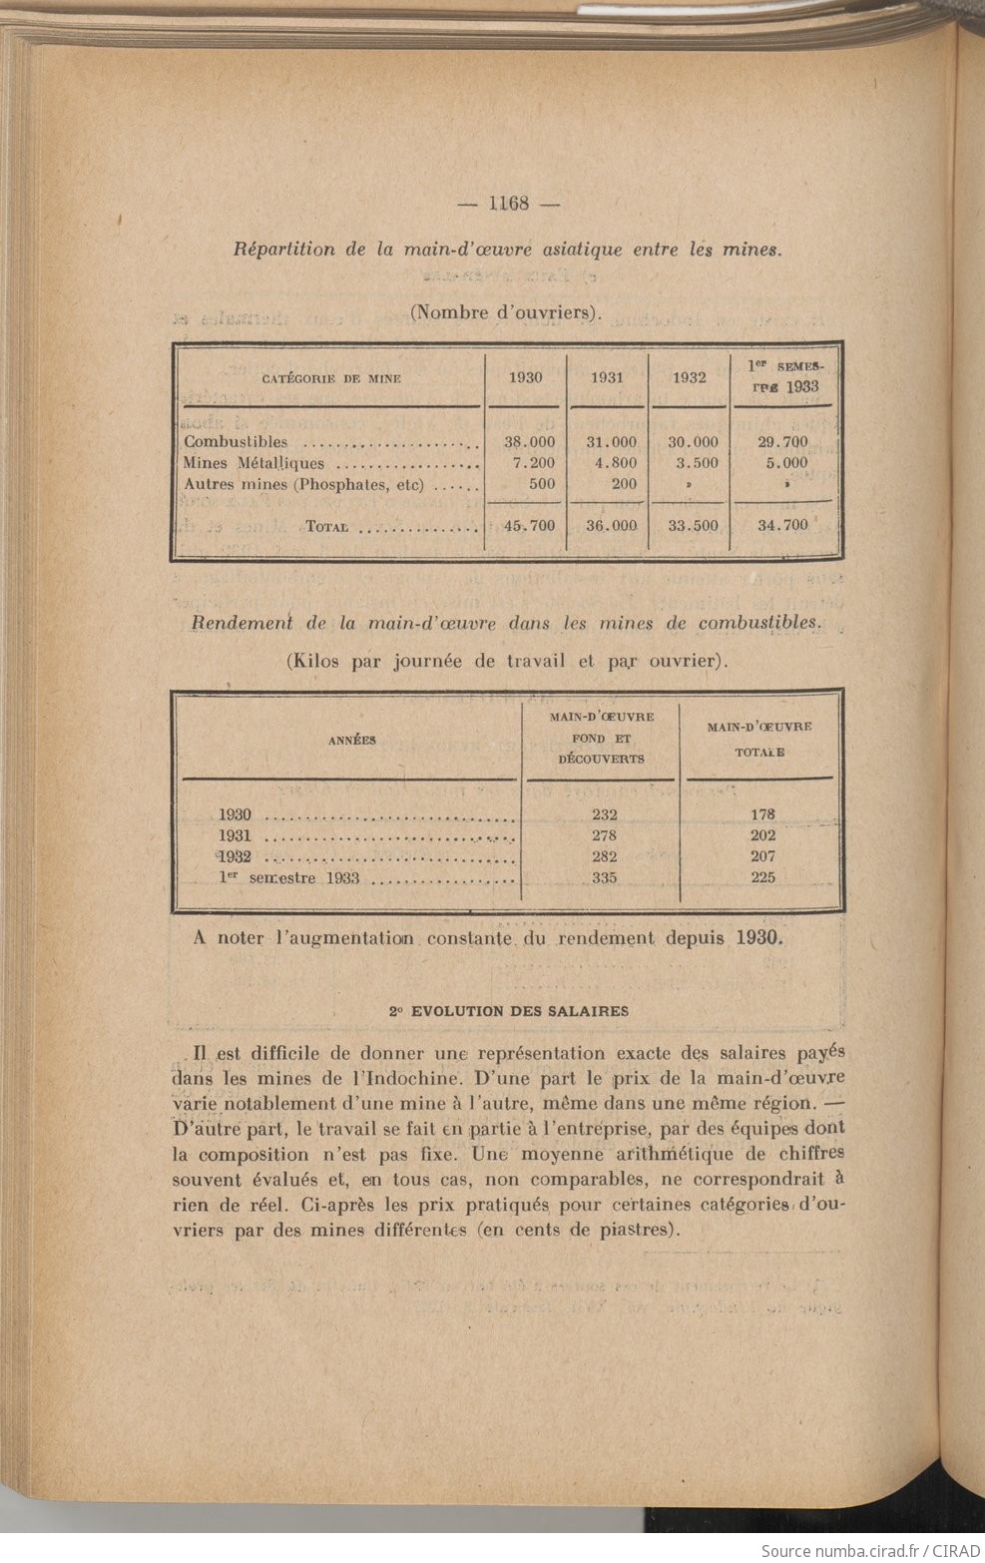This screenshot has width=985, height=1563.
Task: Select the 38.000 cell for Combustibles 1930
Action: click(529, 442)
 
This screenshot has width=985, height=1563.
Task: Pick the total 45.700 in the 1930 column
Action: click(529, 525)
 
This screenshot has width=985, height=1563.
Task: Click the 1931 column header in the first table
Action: click(607, 378)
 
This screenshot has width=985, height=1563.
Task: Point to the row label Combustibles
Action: click(236, 442)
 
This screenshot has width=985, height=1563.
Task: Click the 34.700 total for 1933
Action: click(782, 525)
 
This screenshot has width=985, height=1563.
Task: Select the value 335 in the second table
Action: click(604, 878)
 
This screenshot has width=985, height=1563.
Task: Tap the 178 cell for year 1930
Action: click(762, 814)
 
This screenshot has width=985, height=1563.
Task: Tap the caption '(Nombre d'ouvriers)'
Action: click(506, 312)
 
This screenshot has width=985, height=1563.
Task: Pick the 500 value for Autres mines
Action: click(540, 484)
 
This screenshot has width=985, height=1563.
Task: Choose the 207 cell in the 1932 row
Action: click(762, 856)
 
